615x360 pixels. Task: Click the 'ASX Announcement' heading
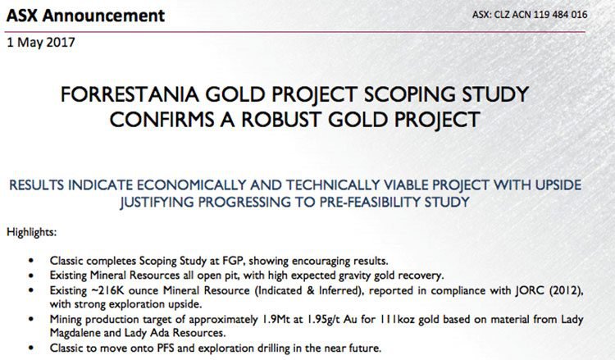[x=85, y=16]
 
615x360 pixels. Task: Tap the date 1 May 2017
[x=41, y=42]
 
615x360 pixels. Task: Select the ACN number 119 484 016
[x=563, y=15]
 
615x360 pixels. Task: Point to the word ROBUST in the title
[x=281, y=120]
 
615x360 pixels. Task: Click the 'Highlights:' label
[x=32, y=232]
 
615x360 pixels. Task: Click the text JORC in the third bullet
[x=529, y=290]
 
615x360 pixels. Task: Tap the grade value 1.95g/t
[x=321, y=319]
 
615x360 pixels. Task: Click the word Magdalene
[x=72, y=333]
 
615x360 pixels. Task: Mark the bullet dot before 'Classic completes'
[x=31, y=261]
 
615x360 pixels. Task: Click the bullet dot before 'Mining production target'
[x=31, y=319]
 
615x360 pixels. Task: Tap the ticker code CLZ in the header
[x=502, y=15]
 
